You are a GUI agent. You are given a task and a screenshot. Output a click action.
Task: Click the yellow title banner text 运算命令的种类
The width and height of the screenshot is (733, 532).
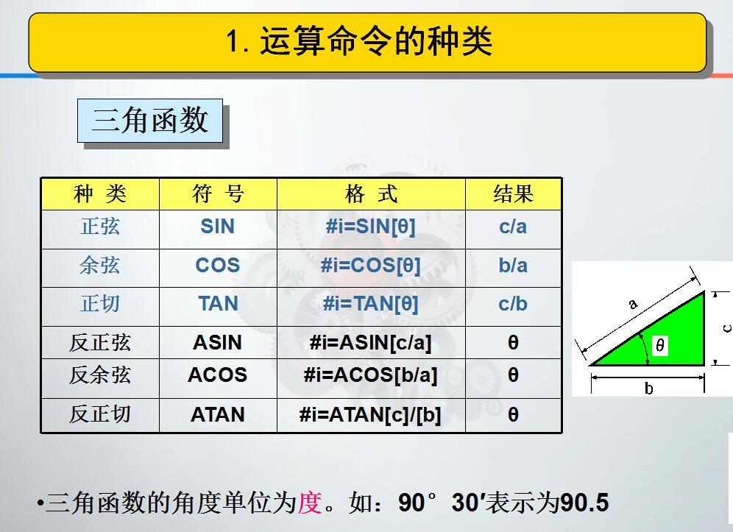(x=376, y=41)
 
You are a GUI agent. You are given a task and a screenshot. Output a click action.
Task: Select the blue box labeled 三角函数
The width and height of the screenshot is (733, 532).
(x=150, y=120)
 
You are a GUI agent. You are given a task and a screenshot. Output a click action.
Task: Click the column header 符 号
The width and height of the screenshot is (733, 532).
(x=218, y=194)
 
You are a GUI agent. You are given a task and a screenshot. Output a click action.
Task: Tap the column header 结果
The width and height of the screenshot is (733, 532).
(x=513, y=194)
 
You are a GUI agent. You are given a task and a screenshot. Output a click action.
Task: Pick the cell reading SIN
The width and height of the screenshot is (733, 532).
(x=217, y=227)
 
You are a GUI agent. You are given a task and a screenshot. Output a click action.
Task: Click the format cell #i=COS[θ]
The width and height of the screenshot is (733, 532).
(x=371, y=266)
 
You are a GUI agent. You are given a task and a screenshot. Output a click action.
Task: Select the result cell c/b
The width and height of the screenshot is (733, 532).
(x=513, y=305)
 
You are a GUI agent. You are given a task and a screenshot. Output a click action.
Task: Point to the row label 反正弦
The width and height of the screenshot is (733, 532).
(x=100, y=343)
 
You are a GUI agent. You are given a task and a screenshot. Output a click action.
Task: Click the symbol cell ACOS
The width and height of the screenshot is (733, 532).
(x=217, y=375)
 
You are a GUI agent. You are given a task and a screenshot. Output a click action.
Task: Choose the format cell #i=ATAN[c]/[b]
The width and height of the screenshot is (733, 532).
(x=370, y=415)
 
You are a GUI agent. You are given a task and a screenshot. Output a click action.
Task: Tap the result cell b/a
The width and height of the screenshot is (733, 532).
(x=513, y=266)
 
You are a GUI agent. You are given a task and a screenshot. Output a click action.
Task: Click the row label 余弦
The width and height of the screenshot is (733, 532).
(x=100, y=266)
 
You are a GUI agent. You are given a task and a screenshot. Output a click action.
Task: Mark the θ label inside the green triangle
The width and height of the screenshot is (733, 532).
(x=659, y=345)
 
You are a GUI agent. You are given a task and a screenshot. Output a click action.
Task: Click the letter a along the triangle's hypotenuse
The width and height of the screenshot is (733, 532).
(x=633, y=305)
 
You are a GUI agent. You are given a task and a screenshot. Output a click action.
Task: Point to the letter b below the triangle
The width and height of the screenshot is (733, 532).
(x=649, y=388)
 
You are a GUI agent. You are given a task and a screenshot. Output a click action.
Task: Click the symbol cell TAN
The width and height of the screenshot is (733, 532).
(x=218, y=304)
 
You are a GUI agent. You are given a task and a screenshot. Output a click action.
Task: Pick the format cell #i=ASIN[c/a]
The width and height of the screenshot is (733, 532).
(x=370, y=343)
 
